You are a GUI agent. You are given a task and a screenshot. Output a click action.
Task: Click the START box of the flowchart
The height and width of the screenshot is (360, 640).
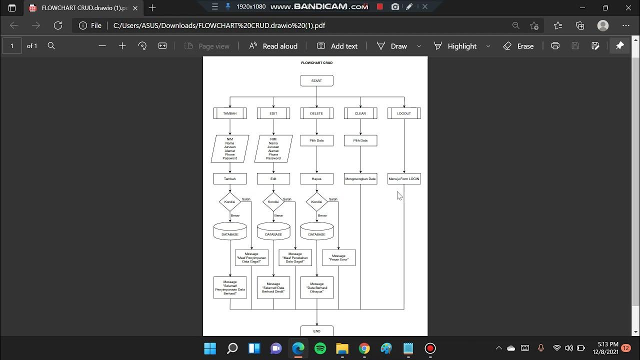pos(316,80)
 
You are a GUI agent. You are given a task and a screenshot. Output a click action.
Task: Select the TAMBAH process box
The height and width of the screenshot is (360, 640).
pos(229,113)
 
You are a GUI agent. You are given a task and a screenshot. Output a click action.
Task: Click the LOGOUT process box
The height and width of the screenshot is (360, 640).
pos(403,113)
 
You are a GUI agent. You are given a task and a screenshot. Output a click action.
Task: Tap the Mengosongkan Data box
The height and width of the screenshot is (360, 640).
pos(360,178)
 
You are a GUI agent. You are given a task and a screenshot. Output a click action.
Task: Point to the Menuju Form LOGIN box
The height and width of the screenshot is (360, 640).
pos(403,178)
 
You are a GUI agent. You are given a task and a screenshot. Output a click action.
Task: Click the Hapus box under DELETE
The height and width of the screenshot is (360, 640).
pos(316,178)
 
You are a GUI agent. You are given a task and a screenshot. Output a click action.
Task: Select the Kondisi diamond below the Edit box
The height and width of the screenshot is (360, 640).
pos(273,202)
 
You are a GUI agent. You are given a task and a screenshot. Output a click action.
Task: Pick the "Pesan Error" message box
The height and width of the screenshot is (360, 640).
pos(338,257)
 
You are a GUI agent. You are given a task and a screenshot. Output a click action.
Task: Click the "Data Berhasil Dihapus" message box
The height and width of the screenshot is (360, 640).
pos(316,287)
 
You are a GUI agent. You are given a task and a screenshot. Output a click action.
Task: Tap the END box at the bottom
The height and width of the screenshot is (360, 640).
pos(316,330)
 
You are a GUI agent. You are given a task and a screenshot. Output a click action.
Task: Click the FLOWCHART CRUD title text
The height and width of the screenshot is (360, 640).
pos(316,63)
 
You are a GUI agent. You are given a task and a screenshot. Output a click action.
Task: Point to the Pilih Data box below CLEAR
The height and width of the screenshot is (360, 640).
pos(360,140)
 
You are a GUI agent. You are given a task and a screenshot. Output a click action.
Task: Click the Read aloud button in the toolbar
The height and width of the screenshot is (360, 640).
pos(273,46)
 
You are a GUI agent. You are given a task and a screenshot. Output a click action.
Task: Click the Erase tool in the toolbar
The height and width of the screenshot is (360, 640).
pos(518,46)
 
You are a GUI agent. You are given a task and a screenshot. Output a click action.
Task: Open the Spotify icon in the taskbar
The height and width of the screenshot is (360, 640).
pos(320,348)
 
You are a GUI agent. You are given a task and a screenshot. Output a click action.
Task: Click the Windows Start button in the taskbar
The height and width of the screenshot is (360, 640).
pos(210,348)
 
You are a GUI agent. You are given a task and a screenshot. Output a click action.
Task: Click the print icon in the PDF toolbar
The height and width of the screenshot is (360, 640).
pos(555,46)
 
